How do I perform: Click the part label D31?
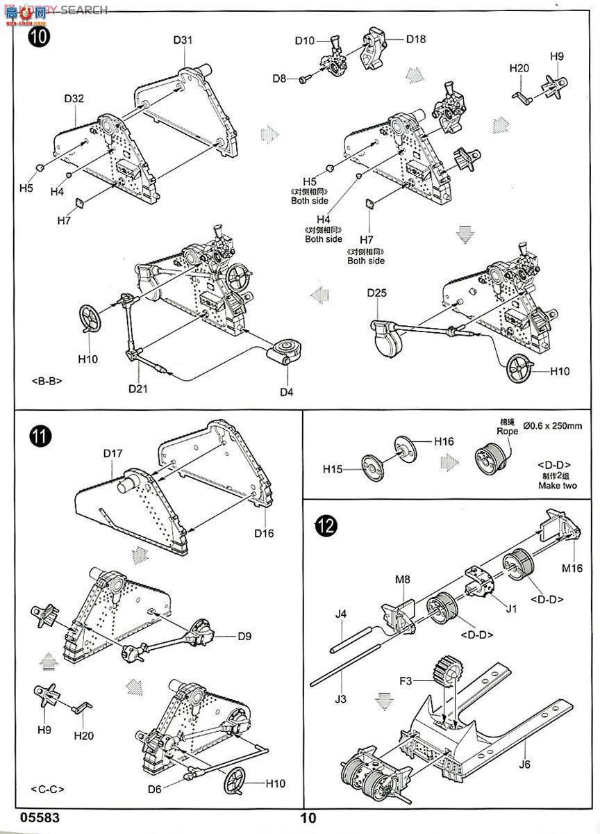(183, 40)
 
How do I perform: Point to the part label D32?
(74, 99)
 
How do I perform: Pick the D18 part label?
(416, 39)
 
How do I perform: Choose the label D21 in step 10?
(138, 388)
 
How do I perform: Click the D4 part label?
(287, 393)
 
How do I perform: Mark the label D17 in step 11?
(112, 454)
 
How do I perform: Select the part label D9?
(244, 636)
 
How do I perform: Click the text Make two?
(557, 486)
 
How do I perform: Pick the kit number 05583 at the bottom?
(21, 819)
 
